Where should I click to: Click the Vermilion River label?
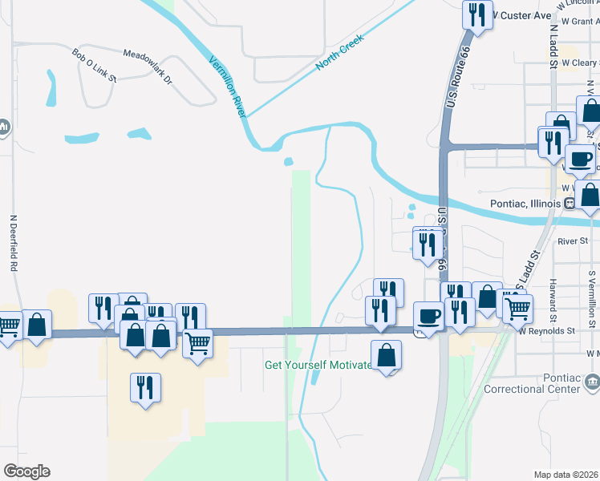(x=227, y=87)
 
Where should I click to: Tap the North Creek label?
(x=340, y=52)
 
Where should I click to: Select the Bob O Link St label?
(x=94, y=66)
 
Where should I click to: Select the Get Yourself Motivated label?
(x=318, y=365)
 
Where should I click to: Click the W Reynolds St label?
(x=547, y=329)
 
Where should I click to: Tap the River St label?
(x=573, y=240)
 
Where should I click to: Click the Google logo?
(x=26, y=471)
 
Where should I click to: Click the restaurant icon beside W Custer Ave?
(x=478, y=14)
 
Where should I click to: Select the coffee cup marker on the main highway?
(x=428, y=315)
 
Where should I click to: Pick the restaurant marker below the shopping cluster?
(x=145, y=389)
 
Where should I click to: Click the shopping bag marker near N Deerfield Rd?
(x=36, y=325)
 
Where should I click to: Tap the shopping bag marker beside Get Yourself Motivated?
(x=387, y=354)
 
